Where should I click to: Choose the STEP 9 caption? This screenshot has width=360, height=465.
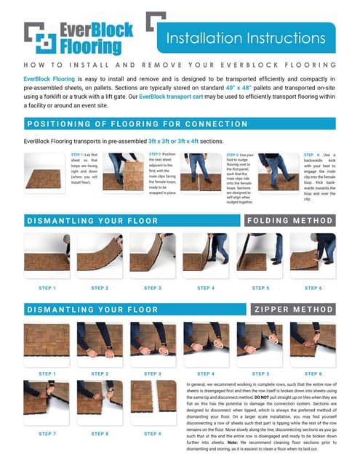pos(153,433)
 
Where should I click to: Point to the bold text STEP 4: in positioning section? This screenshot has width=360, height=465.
pos(311,155)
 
